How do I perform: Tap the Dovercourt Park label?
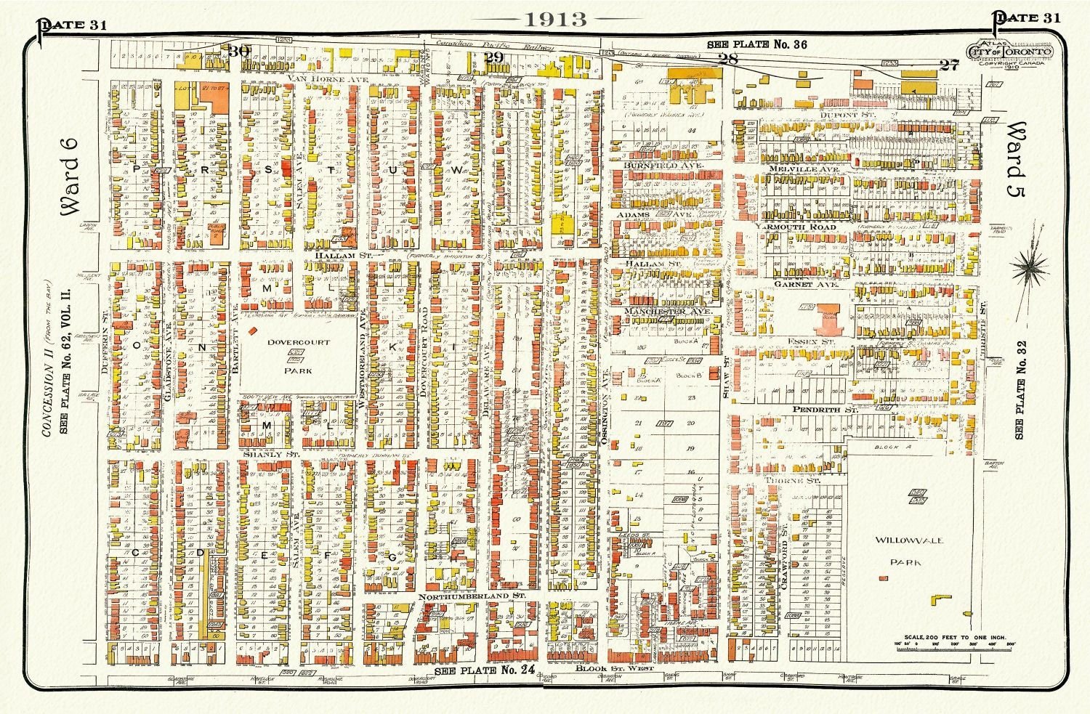coord(298,356)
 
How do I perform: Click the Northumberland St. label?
coord(471,596)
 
